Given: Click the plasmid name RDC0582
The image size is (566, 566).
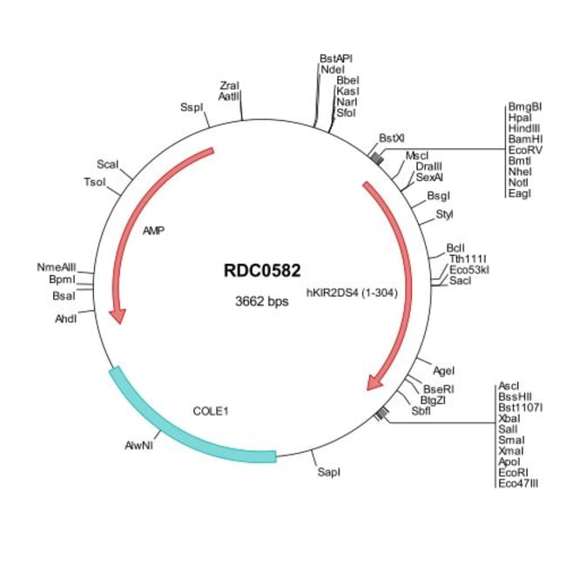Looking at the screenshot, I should tap(262, 271).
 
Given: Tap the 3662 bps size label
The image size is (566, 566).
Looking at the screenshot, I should tap(262, 302).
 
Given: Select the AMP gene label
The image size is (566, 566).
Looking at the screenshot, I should tap(154, 231).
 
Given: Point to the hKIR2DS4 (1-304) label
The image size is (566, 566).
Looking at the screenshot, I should tap(352, 293).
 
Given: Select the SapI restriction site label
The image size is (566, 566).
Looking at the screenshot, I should tap(328, 472).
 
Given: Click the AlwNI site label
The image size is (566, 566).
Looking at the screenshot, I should tap(138, 445).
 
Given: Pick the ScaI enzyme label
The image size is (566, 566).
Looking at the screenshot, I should tap(107, 164).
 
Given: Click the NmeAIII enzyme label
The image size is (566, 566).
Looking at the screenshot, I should tap(57, 266).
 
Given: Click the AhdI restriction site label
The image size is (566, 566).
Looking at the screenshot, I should tap(66, 319).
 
